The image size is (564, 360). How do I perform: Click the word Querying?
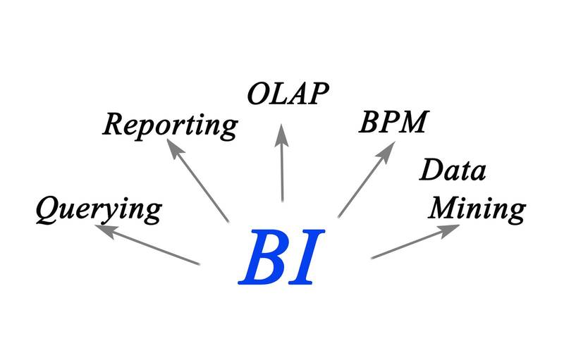[99, 209]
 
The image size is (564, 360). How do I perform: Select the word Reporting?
[170, 125]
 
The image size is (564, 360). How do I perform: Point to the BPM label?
[393, 122]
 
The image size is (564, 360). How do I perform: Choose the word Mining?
[478, 208]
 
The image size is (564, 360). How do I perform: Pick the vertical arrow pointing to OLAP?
[282, 166]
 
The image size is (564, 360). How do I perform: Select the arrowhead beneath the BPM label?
[388, 150]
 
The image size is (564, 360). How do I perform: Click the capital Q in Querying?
[47, 209]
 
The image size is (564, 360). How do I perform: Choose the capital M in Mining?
[446, 207]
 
